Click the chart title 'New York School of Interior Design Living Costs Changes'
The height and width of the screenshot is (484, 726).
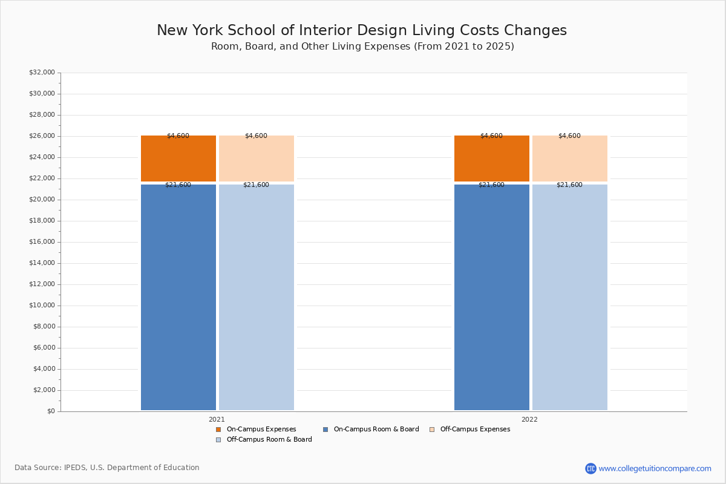[x=362, y=31]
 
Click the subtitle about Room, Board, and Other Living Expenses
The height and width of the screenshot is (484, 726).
[x=362, y=47]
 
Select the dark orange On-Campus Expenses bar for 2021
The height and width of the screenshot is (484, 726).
[x=178, y=159]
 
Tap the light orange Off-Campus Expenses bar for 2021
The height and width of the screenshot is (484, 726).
[x=257, y=159]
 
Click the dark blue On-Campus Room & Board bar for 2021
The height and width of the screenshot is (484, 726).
[x=178, y=297]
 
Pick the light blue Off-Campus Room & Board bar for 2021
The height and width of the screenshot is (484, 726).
[x=257, y=297]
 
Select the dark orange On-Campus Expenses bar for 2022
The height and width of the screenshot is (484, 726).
[x=492, y=159]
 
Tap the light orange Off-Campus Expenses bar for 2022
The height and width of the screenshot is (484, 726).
[x=570, y=159]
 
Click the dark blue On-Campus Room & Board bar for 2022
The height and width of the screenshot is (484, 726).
[x=492, y=297]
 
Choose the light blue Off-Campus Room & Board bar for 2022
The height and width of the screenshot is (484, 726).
[x=570, y=297]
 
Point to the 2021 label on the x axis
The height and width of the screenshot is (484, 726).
[x=217, y=419]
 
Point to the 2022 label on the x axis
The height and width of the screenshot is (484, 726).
[x=529, y=419]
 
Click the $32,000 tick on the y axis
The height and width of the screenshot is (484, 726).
[x=42, y=73]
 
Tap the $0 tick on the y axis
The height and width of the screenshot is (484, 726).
[x=50, y=411]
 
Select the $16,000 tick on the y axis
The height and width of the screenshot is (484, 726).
[x=42, y=242]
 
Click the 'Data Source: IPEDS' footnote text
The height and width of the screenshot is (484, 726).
[x=107, y=468]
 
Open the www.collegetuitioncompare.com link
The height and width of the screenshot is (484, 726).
[x=655, y=468]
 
